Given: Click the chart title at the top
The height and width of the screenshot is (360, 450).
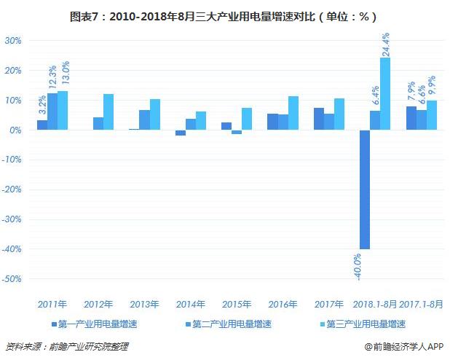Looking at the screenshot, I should point(225,15).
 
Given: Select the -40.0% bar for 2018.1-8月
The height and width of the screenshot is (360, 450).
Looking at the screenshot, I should point(364,189).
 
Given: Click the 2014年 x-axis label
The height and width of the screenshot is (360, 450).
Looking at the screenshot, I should point(191,304).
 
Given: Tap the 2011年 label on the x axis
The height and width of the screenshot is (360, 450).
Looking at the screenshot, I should point(52,304).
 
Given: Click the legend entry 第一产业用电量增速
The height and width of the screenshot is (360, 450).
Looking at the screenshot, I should point(98,323).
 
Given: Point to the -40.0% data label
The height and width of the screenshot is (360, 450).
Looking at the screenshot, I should point(358,267).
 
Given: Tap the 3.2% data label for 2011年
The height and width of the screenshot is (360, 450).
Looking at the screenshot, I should point(42,105).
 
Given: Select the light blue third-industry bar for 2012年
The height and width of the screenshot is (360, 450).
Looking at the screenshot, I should point(108,112).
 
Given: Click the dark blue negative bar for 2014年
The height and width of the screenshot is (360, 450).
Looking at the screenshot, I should point(181,133).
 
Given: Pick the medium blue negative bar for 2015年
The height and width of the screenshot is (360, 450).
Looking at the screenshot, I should point(237,132).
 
